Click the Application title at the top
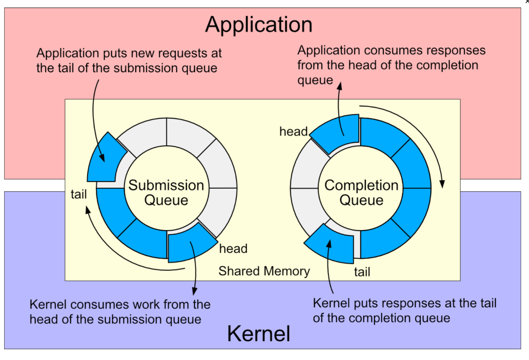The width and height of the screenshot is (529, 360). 259,25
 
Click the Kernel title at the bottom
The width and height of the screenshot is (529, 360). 258,333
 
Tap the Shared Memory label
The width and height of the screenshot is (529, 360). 264,271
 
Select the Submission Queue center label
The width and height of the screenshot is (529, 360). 166,192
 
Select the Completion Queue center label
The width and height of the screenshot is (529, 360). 361,192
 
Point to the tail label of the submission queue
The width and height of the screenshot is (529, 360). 79,194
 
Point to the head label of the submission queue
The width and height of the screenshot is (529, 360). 233,248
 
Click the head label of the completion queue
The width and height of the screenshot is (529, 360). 294,131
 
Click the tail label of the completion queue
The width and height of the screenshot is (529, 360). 362,272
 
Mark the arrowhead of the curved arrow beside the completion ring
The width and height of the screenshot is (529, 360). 442,184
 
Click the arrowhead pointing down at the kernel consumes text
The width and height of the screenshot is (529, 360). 194,291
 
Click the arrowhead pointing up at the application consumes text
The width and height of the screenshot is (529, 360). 340,86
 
